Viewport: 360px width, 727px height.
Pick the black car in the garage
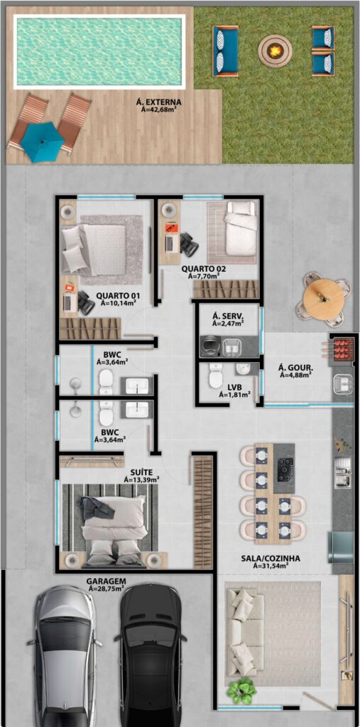[151, 655]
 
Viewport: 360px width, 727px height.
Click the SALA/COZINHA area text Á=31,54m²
[271, 566]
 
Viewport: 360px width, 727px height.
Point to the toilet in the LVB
[215, 376]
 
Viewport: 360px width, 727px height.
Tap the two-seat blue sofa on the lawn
[226, 50]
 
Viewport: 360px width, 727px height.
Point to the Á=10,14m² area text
[118, 304]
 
